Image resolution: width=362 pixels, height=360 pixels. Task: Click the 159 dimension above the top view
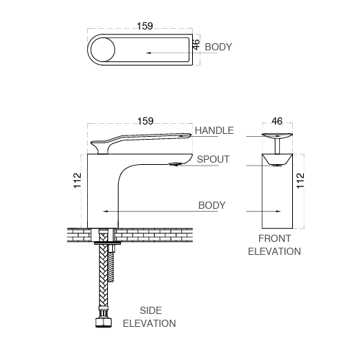(144, 26)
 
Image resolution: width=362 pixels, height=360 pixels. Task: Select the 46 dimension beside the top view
(196, 44)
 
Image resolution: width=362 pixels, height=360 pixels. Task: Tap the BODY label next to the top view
(218, 47)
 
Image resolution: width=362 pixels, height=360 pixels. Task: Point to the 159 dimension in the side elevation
(144, 122)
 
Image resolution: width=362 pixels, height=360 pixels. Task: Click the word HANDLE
(214, 130)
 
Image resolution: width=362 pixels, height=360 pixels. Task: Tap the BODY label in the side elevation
(212, 205)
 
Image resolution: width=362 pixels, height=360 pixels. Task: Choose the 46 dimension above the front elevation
(277, 122)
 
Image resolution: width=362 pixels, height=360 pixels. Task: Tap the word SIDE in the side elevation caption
(150, 310)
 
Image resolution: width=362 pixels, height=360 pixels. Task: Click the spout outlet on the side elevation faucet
(175, 164)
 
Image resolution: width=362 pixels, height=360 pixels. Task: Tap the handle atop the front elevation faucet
(277, 137)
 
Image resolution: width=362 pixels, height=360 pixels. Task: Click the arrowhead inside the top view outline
(148, 53)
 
